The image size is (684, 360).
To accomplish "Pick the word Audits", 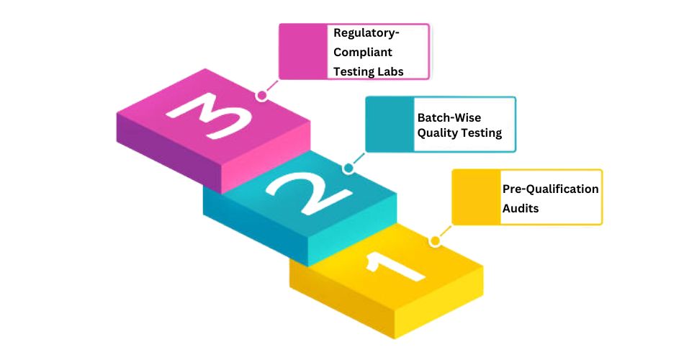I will (x=520, y=207).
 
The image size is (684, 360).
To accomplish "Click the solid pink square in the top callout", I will (x=302, y=51).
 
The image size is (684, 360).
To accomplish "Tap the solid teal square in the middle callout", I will (x=390, y=124).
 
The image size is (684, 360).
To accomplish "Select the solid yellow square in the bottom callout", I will (x=476, y=197).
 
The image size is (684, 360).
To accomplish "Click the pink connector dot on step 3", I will (x=262, y=94).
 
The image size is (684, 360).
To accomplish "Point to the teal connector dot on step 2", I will (x=348, y=168).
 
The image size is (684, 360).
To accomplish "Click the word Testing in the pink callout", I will (x=354, y=71).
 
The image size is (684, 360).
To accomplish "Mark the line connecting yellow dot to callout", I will (x=444, y=232).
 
